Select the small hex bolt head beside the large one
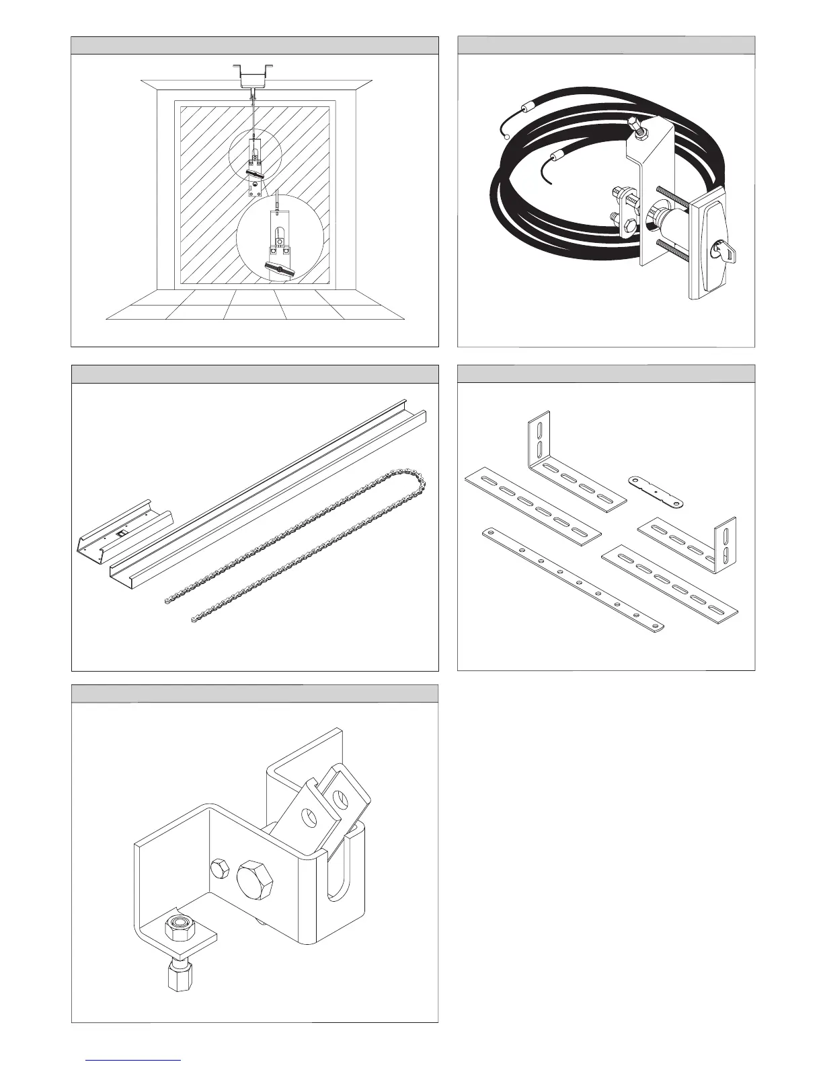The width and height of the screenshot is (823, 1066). point(219,868)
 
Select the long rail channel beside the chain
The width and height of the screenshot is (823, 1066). point(269,491)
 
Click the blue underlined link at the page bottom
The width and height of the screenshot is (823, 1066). point(134,1060)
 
